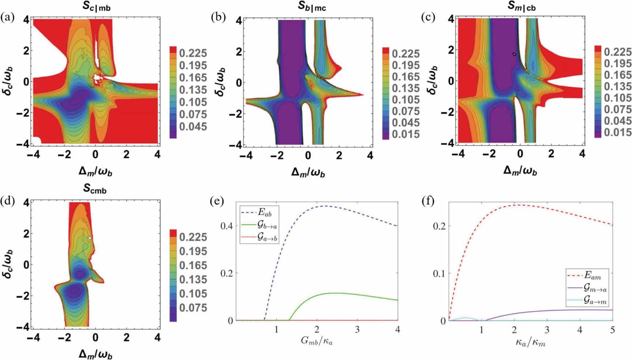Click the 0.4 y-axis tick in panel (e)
click(x=227, y=226)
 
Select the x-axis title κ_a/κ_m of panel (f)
click(x=531, y=342)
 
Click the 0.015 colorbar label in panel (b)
click(x=406, y=134)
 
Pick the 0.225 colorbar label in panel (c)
click(x=617, y=52)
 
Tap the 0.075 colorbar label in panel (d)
click(x=193, y=308)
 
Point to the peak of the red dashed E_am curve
click(x=520, y=205)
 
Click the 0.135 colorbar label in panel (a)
click(x=193, y=90)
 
